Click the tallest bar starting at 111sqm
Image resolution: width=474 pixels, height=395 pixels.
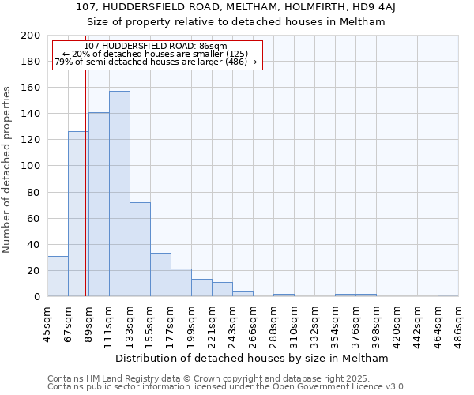coord(119,194)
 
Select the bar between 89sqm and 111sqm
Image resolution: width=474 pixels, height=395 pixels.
coord(99,204)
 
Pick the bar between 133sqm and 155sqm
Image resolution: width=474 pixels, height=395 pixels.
coord(140,249)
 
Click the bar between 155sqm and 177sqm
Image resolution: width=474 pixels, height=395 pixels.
coord(160,275)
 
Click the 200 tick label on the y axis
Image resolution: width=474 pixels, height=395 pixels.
coord(31,36)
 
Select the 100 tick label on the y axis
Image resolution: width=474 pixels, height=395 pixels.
coord(31,166)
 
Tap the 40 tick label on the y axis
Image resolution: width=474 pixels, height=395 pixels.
coord(34,244)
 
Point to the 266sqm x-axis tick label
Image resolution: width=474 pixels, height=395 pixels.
coord(253,322)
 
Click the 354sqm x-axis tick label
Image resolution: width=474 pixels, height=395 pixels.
coord(335,322)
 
